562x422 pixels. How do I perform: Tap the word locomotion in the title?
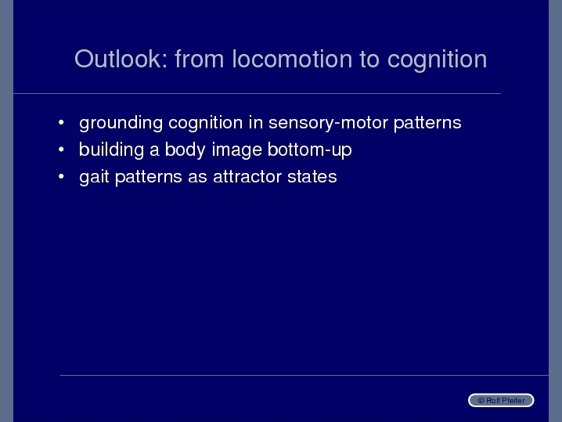[x=292, y=59]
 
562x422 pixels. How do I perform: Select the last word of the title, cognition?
[x=437, y=61]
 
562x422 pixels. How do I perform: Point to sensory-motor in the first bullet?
[x=328, y=124]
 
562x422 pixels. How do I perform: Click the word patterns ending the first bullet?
[x=427, y=124]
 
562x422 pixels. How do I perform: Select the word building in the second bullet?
[x=111, y=150]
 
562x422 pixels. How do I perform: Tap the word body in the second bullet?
[x=185, y=150]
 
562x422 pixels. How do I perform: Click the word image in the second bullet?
[x=236, y=150]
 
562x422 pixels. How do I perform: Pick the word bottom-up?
[x=310, y=150]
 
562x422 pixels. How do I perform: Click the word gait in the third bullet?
[x=94, y=177]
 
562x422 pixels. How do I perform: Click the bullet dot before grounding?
[x=61, y=123]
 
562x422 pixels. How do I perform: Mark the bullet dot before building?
[x=61, y=150]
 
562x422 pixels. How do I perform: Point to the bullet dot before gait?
[x=61, y=176]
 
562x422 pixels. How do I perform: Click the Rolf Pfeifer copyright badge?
[x=501, y=400]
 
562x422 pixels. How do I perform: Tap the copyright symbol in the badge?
[x=481, y=401]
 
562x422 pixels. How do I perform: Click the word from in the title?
[x=200, y=59]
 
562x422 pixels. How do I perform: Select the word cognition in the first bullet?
[x=206, y=124]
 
